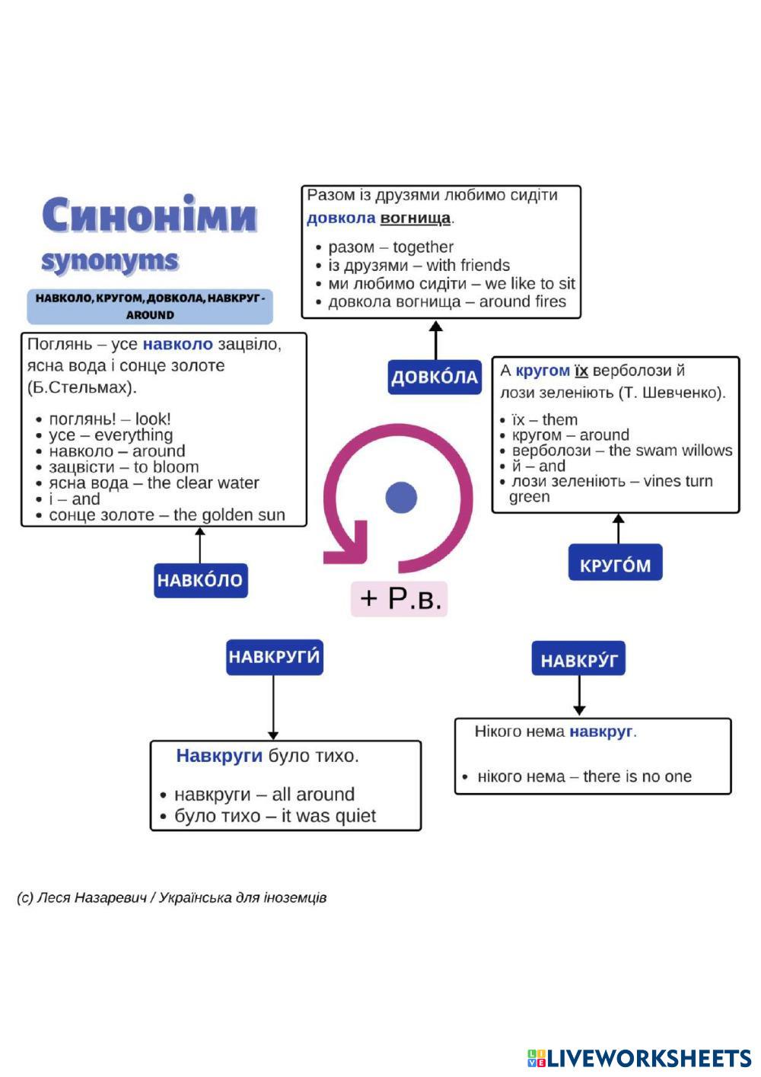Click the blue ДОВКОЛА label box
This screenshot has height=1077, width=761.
coord(435,377)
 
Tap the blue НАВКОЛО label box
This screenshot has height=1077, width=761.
coord(200,580)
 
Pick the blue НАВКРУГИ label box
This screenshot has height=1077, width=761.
coord(274,657)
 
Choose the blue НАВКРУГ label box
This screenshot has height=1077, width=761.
coord(578,659)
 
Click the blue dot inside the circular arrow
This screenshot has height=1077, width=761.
coord(401,497)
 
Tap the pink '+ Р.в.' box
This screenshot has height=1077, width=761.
coord(400,598)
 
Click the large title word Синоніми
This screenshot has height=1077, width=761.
coord(149,215)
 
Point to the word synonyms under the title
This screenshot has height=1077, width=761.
coord(110,260)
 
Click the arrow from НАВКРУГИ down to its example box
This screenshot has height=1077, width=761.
coord(273,708)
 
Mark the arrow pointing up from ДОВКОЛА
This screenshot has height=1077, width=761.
coord(435,340)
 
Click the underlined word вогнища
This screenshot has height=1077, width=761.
coord(415,218)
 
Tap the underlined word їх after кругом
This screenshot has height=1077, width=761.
coord(581,371)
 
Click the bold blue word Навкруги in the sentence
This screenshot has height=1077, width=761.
coord(219,756)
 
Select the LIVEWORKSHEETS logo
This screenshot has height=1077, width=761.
coord(639,1058)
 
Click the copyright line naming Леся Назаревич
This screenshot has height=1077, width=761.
coord(171,897)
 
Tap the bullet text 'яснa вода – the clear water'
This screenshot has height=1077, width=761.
coord(154,483)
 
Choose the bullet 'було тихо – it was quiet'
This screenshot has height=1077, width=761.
coord(275,816)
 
